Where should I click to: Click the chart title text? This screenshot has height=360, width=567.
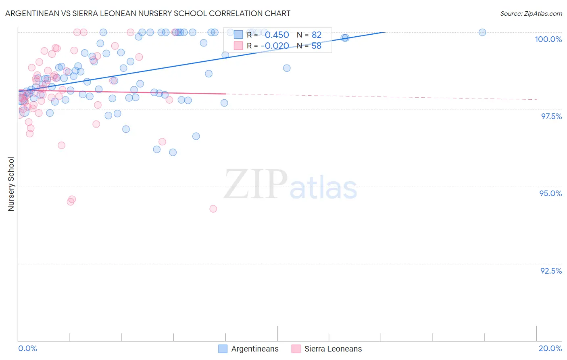[148, 13]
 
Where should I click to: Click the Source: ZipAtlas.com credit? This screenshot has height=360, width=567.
[531, 13]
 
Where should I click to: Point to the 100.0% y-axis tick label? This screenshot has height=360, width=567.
[548, 39]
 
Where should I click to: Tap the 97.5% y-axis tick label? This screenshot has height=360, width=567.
[551, 116]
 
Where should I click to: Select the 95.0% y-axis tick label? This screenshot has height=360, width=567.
[550, 193]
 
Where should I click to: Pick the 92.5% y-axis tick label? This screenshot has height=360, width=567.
[551, 271]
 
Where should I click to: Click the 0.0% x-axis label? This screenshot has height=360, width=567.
[27, 348]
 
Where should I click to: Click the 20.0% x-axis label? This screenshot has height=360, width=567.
[550, 348]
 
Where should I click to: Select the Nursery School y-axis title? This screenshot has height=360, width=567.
[11, 184]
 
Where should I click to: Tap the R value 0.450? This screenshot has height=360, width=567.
[277, 35]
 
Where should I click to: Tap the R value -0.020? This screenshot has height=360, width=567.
[275, 46]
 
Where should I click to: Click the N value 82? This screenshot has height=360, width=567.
[316, 35]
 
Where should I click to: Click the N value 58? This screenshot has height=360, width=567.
[316, 46]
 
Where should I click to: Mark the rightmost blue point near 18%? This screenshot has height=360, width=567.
[482, 32]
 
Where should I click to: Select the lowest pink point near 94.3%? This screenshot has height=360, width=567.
[213, 209]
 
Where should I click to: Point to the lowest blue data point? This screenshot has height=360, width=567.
[173, 152]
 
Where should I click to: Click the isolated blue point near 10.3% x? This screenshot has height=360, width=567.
[287, 68]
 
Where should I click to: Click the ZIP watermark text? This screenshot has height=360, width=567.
[256, 184]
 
